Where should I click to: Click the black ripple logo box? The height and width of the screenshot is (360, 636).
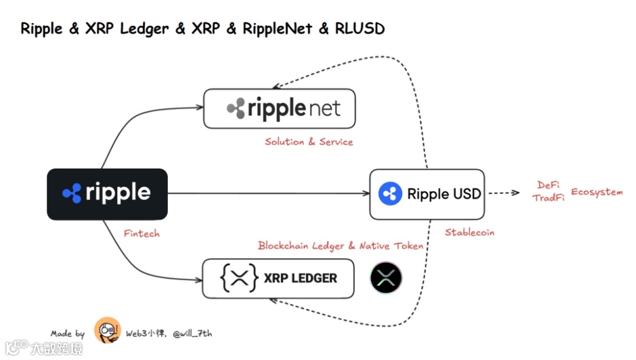(x=107, y=194)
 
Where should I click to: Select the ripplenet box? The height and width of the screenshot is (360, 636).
(x=279, y=108)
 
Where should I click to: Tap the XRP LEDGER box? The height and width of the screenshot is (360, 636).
(x=278, y=278)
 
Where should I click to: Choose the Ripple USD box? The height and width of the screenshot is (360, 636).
(x=426, y=194)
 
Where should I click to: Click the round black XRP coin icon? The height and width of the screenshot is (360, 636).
(x=386, y=278)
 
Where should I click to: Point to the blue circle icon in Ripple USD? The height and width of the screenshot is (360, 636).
(x=389, y=194)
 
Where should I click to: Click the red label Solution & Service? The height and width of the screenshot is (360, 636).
(x=309, y=142)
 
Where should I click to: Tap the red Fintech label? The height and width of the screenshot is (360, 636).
(x=141, y=233)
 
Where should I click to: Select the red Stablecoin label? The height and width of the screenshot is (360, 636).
(x=469, y=232)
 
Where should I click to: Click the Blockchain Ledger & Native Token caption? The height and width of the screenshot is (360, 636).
(x=340, y=246)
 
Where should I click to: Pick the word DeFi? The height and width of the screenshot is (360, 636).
(x=548, y=186)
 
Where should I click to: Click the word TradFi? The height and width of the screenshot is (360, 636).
(x=548, y=198)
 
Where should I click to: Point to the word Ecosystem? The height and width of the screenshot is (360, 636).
(x=597, y=192)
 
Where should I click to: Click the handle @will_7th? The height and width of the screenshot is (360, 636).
(x=192, y=333)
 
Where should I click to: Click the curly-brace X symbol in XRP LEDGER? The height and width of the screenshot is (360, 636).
(x=239, y=279)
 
